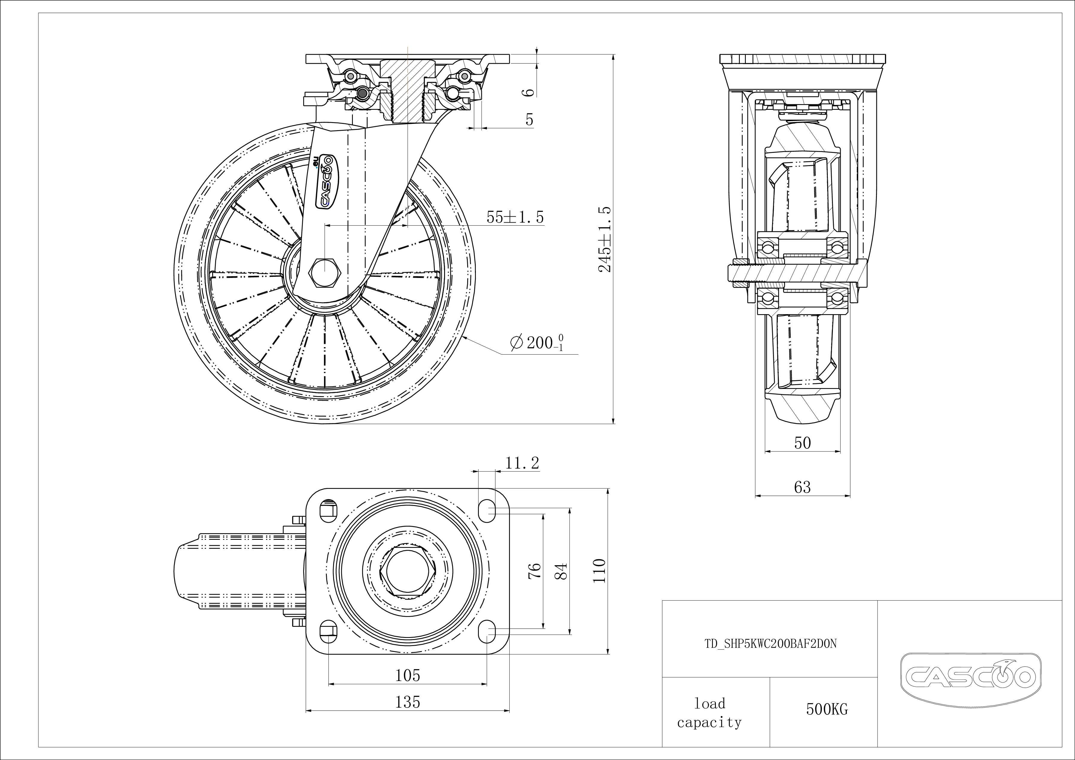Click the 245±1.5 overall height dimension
pyautogui.click(x=605, y=239)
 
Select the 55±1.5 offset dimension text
pyautogui.click(x=515, y=217)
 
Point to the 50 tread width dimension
pyautogui.click(x=802, y=443)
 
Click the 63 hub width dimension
pyautogui.click(x=802, y=487)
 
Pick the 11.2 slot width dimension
pyautogui.click(x=522, y=463)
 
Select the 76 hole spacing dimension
pyautogui.click(x=535, y=571)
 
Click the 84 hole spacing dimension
pyautogui.click(x=561, y=571)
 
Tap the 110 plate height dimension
pyautogui.click(x=599, y=571)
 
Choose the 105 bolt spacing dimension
pyautogui.click(x=408, y=675)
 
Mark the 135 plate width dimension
pyautogui.click(x=408, y=702)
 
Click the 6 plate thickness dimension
pyautogui.click(x=529, y=92)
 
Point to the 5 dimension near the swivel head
pyautogui.click(x=529, y=120)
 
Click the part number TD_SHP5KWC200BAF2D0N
pyautogui.click(x=770, y=644)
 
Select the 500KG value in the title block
pyautogui.click(x=827, y=709)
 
